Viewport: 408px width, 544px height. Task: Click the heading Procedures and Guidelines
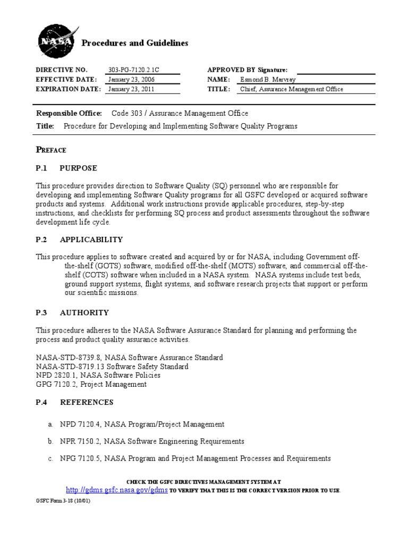coord(134,43)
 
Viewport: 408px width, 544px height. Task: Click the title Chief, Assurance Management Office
coord(292,89)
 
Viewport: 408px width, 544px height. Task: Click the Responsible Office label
coord(69,113)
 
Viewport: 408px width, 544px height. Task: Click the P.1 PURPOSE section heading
coord(66,168)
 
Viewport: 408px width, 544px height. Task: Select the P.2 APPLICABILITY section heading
coord(79,240)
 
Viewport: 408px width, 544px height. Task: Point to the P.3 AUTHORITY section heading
coord(72,313)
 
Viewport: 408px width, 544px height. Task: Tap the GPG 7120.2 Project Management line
coord(91,384)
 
